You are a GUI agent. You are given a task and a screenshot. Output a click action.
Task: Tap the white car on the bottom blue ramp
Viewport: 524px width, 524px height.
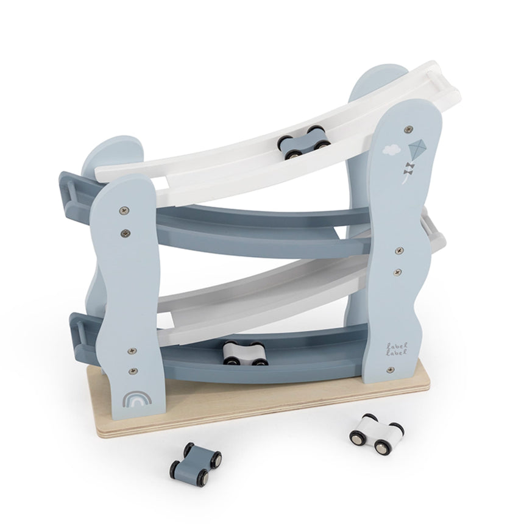pyautogui.click(x=246, y=353)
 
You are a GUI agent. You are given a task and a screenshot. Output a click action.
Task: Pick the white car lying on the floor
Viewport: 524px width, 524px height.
pyautogui.click(x=377, y=434)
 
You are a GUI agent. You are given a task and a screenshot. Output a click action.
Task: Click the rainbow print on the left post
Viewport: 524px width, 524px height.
pyautogui.click(x=137, y=398)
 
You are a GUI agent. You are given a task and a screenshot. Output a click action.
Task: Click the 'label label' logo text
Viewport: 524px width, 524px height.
pyautogui.click(x=397, y=349)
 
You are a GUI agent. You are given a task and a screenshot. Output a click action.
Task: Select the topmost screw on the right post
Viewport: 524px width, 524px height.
pyautogui.click(x=408, y=129)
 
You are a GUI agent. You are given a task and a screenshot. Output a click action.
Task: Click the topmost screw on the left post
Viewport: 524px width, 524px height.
pyautogui.click(x=124, y=210)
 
